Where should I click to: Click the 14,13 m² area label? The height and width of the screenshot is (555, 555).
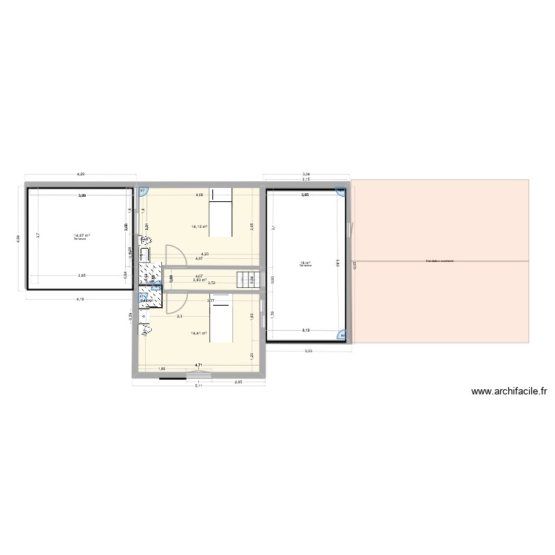[199, 227]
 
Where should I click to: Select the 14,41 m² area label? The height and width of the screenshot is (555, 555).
[199, 333]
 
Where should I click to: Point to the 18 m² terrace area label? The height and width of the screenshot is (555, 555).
[305, 262]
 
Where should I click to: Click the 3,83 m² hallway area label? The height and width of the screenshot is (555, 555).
[199, 280]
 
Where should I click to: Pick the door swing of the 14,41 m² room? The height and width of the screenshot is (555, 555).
[174, 302]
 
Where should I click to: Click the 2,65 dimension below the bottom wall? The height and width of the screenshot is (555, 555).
[238, 382]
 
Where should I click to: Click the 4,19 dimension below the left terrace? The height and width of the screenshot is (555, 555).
[80, 299]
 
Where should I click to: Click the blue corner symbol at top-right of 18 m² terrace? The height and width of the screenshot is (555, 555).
[341, 192]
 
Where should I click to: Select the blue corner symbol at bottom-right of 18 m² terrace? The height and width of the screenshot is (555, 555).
[342, 334]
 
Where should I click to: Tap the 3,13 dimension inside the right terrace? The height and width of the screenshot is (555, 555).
[305, 330]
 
